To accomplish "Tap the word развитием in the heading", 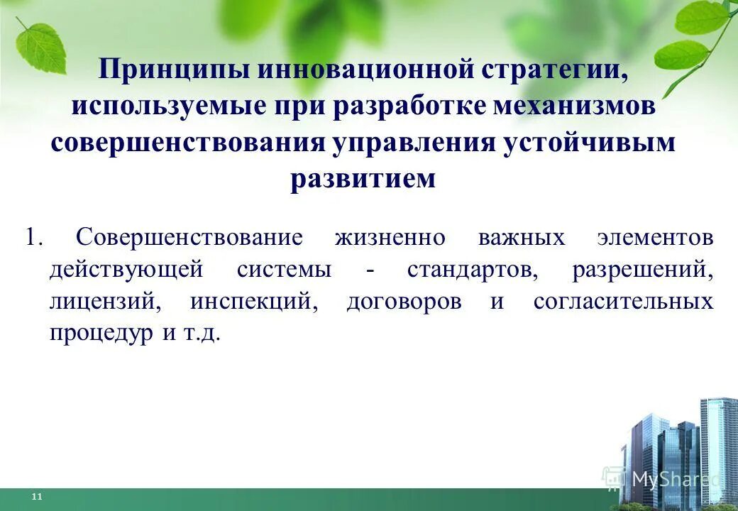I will click(363, 178).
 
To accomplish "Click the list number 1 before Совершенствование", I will click(31, 237).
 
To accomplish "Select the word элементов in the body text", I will click(654, 237).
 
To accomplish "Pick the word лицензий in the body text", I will click(101, 302).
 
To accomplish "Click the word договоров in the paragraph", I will click(404, 302).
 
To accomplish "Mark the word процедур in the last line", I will click(101, 334).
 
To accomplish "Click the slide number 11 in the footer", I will click(37, 498).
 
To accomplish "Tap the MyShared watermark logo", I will click(660, 479).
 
